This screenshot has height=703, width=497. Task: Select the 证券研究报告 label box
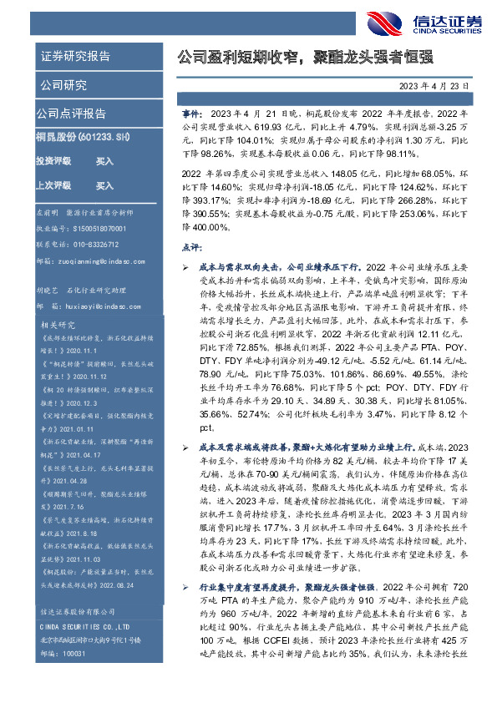[75, 57]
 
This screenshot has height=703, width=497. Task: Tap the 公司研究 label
[63, 85]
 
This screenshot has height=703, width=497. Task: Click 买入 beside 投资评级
[104, 159]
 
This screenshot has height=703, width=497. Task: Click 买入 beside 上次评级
[104, 185]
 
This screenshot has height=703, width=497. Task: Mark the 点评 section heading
[191, 248]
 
